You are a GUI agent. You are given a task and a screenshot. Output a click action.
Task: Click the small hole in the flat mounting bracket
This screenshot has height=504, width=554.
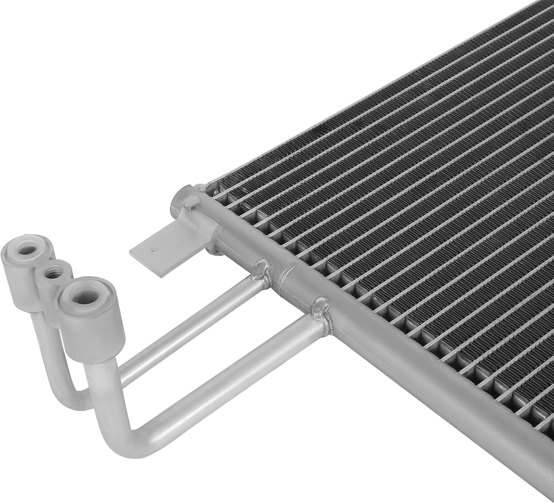pyautogui.click(x=154, y=250)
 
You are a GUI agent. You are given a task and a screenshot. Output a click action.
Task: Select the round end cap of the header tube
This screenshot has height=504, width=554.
pyautogui.click(x=189, y=202)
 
